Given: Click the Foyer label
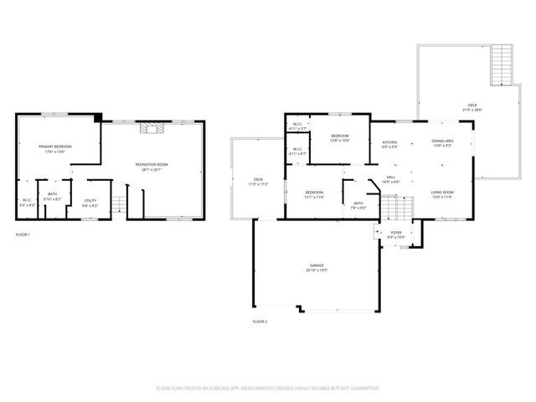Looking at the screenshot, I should pos(395,234).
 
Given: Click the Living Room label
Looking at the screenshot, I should pos(442,195).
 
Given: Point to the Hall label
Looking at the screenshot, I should pos(390,179).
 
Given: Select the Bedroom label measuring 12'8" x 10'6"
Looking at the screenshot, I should pos(339,138).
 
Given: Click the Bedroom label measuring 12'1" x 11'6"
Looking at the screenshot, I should pos(314,195).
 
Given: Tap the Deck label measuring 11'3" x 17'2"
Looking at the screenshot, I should pos(259,182).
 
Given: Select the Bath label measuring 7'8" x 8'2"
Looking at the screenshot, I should pos(358,205).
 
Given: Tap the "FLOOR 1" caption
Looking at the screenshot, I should pos(23,234).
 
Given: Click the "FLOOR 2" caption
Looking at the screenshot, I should pos(260,321).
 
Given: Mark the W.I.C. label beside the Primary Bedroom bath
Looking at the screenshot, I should pos(27,203).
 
